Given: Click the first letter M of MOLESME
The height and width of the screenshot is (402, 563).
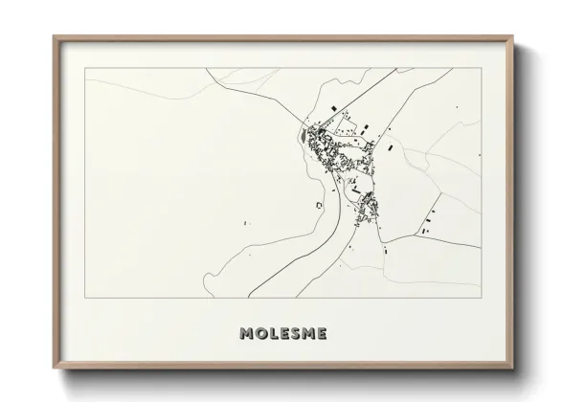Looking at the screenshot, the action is click(247, 334).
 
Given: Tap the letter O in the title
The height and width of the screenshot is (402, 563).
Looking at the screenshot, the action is click(260, 334).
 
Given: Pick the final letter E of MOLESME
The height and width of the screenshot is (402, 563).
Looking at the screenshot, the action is click(322, 334).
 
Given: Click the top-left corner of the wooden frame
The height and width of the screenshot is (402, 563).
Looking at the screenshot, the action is click(54, 37).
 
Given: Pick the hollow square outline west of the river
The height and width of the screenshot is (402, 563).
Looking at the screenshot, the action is click(317, 204).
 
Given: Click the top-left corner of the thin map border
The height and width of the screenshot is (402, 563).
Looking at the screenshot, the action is click(85, 68).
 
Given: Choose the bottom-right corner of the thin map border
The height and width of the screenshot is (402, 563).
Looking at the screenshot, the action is click(481, 297).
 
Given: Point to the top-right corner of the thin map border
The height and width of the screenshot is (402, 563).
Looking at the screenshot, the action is click(481, 68).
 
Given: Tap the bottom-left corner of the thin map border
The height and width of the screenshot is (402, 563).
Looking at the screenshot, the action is click(85, 297).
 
